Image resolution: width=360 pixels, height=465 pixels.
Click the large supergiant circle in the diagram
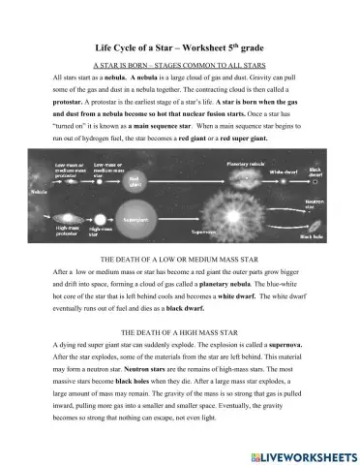pos(135,220)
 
